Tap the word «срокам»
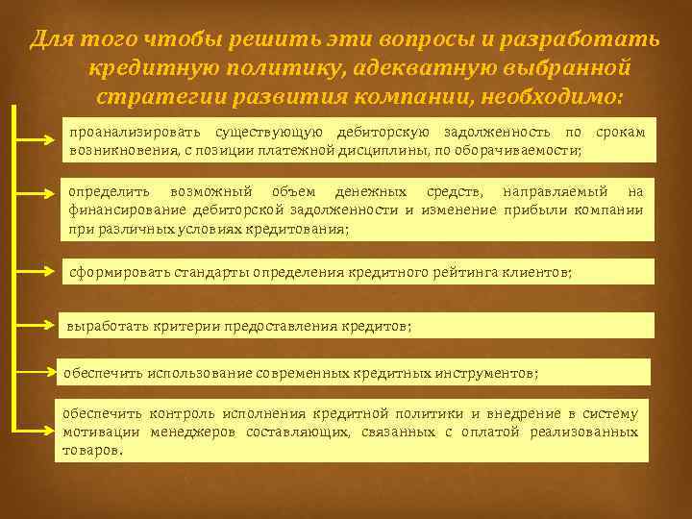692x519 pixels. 620,132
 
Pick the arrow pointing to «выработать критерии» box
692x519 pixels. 38,324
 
